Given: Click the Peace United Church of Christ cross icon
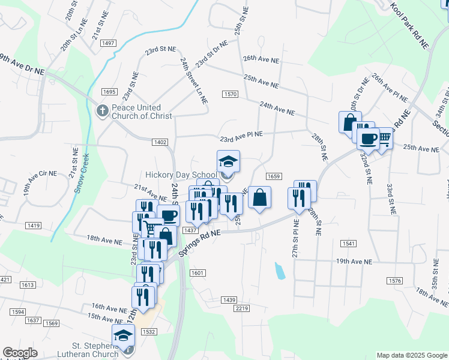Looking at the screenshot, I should click(x=102, y=110).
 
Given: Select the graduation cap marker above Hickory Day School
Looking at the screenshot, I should click(x=228, y=161).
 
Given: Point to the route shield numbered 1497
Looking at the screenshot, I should click(x=109, y=43).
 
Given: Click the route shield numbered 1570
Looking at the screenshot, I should click(x=231, y=94).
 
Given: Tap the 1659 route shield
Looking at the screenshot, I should click(x=273, y=176).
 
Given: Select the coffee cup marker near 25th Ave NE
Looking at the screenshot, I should click(x=367, y=138).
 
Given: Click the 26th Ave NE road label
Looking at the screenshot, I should click(x=261, y=60).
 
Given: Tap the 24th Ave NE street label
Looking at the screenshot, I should click(x=277, y=108).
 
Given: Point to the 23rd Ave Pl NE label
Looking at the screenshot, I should click(x=241, y=136).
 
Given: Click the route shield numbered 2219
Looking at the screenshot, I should click(x=242, y=308).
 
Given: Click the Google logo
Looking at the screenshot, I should click(x=20, y=353).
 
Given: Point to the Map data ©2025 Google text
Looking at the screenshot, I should click(x=411, y=355).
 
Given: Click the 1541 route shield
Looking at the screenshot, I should click(x=348, y=243).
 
